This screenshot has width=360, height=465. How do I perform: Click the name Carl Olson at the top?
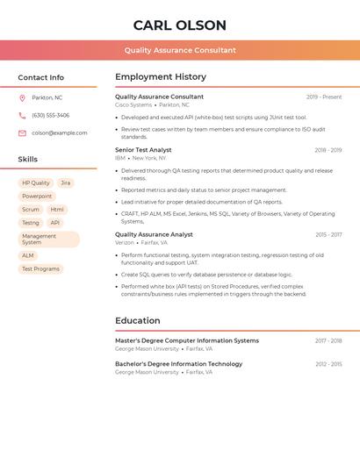click(x=180, y=25)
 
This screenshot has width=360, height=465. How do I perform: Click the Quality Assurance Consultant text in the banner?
click(x=180, y=50)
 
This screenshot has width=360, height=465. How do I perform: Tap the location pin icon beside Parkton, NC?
click(x=22, y=97)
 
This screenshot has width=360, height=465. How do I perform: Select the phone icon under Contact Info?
click(x=22, y=115)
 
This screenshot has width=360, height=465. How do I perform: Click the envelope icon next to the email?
click(x=22, y=132)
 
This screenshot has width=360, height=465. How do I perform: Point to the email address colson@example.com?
click(x=60, y=132)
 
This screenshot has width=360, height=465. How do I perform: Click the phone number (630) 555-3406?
click(x=50, y=115)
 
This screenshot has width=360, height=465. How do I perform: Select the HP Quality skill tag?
click(x=35, y=183)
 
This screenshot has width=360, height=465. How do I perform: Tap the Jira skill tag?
click(x=66, y=183)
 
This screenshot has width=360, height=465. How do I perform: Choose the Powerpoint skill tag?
click(x=37, y=197)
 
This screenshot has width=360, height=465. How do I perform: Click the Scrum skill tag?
click(x=31, y=210)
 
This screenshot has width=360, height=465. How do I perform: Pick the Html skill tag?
click(x=57, y=210)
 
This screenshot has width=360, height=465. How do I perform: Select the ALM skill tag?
click(x=28, y=255)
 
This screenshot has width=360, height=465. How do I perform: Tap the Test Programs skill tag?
click(x=40, y=268)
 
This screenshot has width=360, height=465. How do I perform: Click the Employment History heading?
click(x=161, y=77)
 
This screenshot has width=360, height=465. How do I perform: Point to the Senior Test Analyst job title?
click(x=143, y=150)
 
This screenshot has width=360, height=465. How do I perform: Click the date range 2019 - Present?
click(x=324, y=97)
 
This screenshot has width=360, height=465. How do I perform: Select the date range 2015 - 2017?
click(x=328, y=234)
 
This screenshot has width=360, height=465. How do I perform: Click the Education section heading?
click(x=138, y=320)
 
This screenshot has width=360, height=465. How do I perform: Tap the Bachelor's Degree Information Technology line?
click(x=178, y=363)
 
